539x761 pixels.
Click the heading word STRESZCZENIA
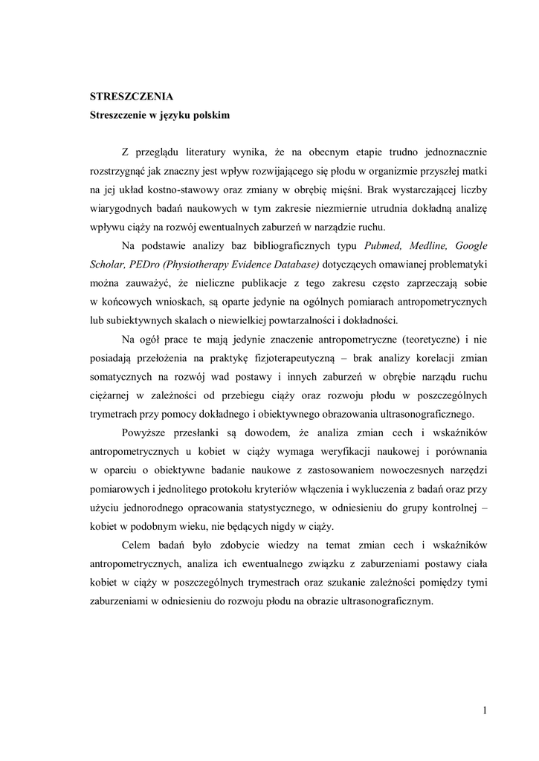(x=132, y=97)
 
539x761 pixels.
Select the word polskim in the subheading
(x=210, y=116)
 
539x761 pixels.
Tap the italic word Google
(x=471, y=246)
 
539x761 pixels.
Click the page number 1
(x=484, y=712)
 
